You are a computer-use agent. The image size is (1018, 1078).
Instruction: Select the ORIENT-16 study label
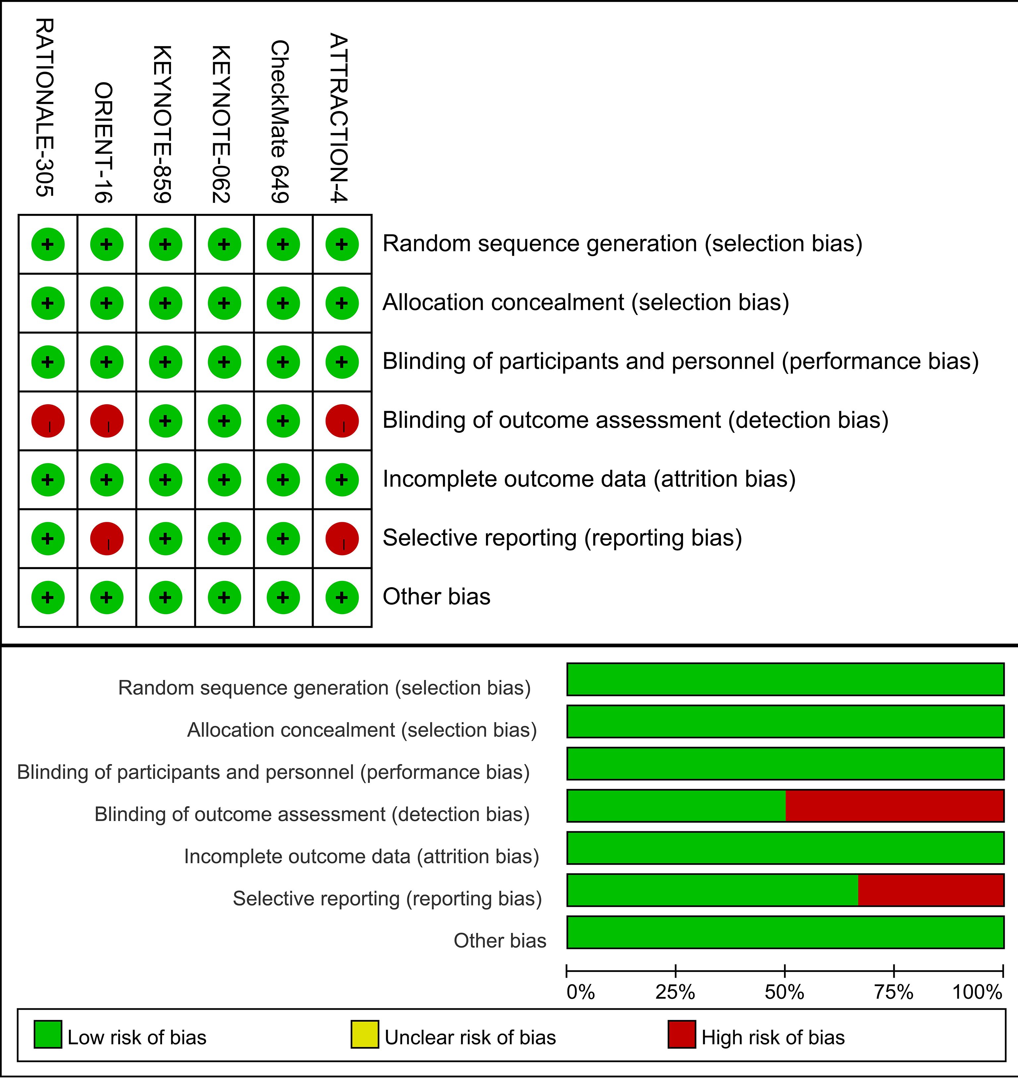tap(104, 142)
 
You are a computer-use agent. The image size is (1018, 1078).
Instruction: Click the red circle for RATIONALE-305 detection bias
tap(48, 421)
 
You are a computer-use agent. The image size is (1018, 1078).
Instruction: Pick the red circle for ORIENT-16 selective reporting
tap(106, 539)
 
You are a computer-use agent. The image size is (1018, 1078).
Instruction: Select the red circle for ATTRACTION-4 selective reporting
tap(342, 539)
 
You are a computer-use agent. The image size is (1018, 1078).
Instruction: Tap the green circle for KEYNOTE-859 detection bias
tap(165, 421)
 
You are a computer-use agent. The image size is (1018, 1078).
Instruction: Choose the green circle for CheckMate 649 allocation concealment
tap(283, 303)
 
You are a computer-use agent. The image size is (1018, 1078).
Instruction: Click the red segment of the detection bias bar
tap(894, 805)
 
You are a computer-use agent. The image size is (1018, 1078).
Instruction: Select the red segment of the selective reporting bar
tap(930, 890)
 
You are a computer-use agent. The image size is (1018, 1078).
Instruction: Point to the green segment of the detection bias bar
tap(676, 805)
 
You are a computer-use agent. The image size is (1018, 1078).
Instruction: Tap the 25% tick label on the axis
tap(675, 992)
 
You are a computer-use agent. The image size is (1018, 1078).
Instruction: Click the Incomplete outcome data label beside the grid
tap(589, 479)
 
